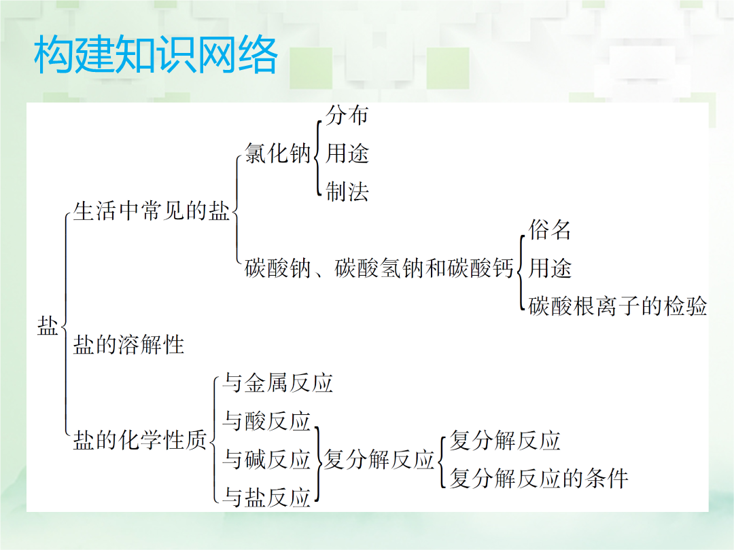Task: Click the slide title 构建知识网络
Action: pyautogui.click(x=156, y=55)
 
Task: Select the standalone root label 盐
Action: pyautogui.click(x=48, y=325)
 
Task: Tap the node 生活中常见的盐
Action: pyautogui.click(x=152, y=210)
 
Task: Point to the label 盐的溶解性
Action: pyautogui.click(x=128, y=345)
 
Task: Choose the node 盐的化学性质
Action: pyautogui.click(x=140, y=440)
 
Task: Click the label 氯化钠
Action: pyautogui.click(x=278, y=153)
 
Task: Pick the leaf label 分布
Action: pyautogui.click(x=347, y=115)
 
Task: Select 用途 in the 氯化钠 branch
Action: pyautogui.click(x=347, y=153)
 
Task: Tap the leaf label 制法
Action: pyautogui.click(x=347, y=191)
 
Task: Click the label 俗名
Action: pyautogui.click(x=550, y=230)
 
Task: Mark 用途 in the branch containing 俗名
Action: pyautogui.click(x=550, y=268)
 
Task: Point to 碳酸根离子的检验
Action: pyautogui.click(x=617, y=306)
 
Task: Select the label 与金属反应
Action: pyautogui.click(x=277, y=382)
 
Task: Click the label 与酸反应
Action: pyautogui.click(x=266, y=421)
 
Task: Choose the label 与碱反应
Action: pyautogui.click(x=266, y=459)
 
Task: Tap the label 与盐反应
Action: pyautogui.click(x=266, y=497)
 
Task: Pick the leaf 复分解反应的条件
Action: pyautogui.click(x=539, y=479)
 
